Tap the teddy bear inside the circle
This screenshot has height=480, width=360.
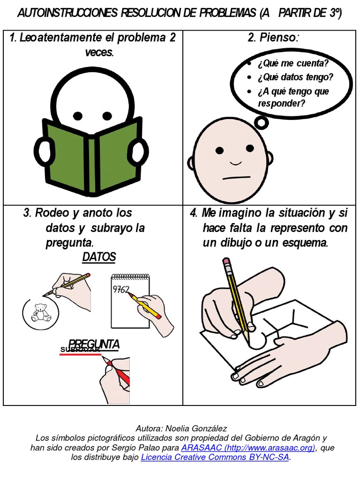click(x=41, y=312)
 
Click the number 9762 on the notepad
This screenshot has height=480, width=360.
click(x=121, y=289)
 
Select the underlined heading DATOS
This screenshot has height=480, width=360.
click(x=99, y=257)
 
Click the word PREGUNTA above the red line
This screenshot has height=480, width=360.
click(x=94, y=344)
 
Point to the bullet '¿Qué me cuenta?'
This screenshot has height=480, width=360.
click(x=292, y=64)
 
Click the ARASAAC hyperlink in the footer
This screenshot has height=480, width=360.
click(x=248, y=448)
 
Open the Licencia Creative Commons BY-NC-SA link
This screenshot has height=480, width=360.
click(x=215, y=457)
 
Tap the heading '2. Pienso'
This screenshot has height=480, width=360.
click(x=272, y=38)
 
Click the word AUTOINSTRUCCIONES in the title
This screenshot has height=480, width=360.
click(x=67, y=14)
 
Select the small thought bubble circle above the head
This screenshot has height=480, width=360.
click(x=261, y=123)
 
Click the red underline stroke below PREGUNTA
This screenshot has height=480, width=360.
click(x=80, y=355)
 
